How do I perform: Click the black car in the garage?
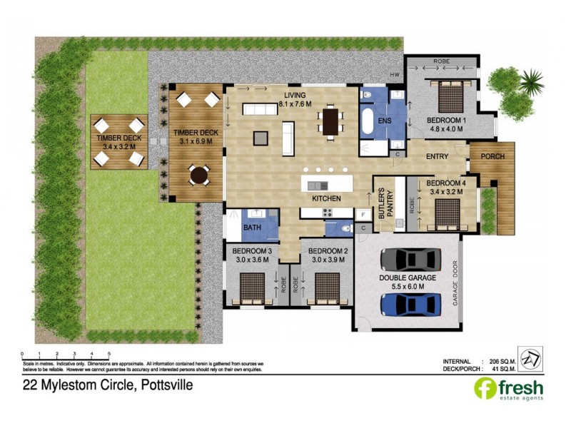409,258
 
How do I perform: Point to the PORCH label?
492,156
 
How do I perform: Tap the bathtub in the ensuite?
369,122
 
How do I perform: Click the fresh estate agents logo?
508,389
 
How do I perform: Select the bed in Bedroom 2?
328,288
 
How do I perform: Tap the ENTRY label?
437,156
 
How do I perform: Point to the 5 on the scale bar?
108,353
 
